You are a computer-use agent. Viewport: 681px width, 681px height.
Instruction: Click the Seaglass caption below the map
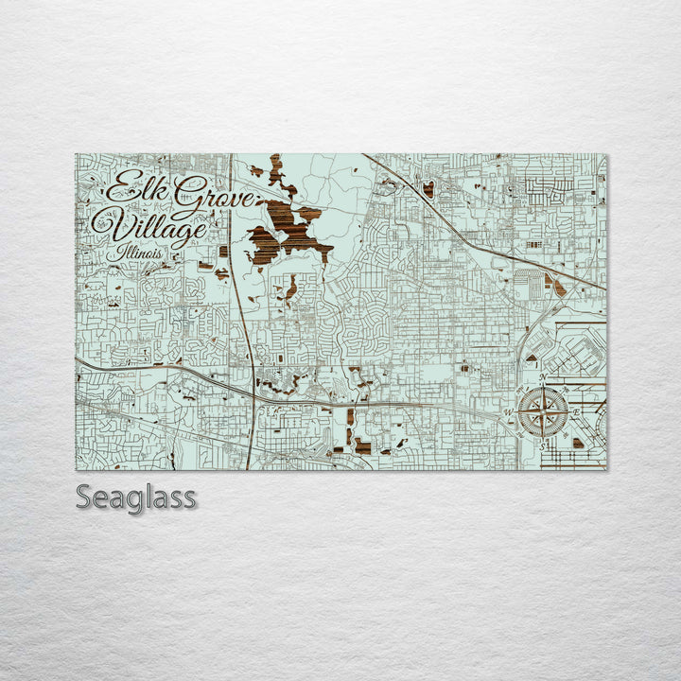point(136,497)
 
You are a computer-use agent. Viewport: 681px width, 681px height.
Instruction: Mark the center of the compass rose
point(543,411)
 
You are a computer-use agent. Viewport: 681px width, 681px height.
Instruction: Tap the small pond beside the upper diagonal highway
point(428,189)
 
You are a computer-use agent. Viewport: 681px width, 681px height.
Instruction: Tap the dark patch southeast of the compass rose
point(578,442)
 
